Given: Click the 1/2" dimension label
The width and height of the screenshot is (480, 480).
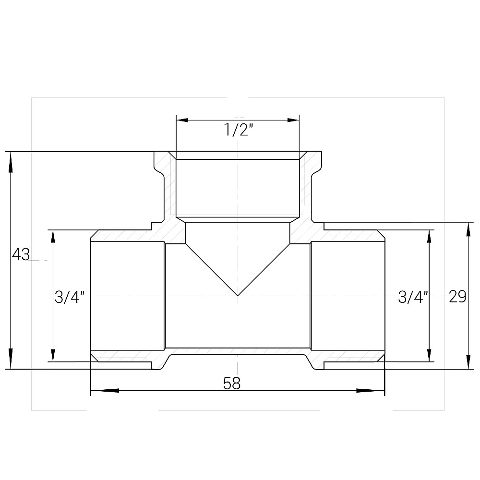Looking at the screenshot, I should click(x=238, y=131).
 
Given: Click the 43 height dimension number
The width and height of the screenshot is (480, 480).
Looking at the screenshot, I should click(x=21, y=254).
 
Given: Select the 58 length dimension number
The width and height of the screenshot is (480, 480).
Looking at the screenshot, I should click(x=232, y=384).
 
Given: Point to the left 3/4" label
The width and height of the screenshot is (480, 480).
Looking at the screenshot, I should click(x=70, y=297).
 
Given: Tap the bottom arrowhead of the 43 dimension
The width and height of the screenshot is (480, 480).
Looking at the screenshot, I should click(x=10, y=362).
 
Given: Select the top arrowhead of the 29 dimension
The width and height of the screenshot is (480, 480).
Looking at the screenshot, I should click(x=468, y=229).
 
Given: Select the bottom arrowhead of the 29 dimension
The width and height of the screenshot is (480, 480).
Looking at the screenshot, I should click(x=468, y=362).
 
